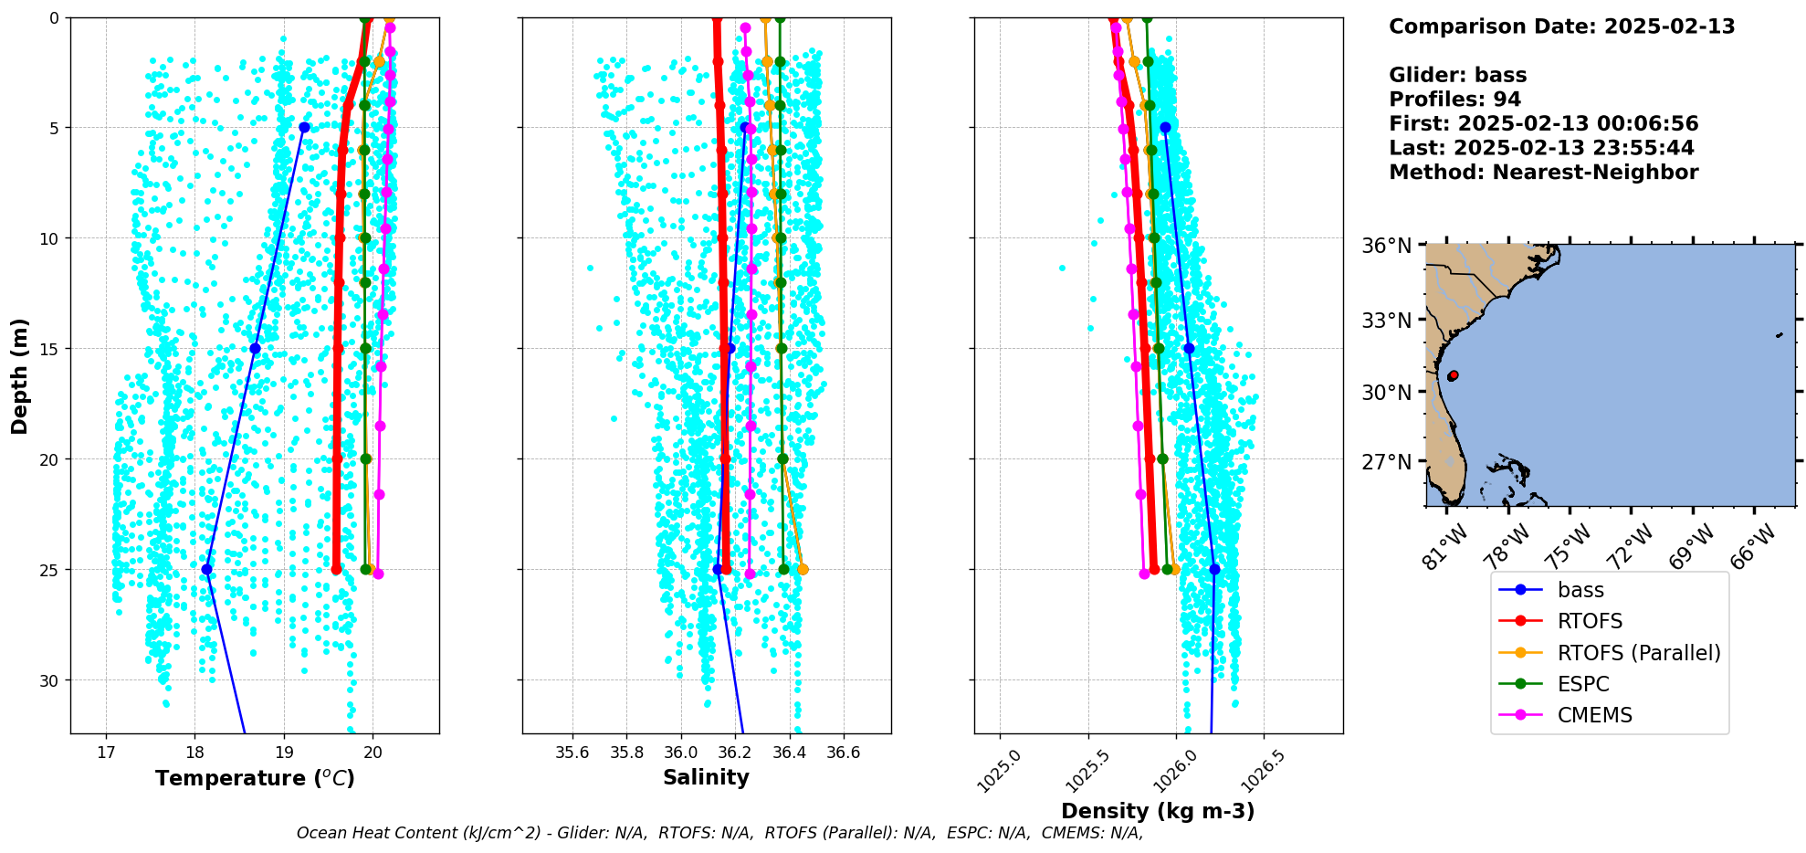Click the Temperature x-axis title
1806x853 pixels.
tap(255, 778)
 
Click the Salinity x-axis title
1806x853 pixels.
tap(706, 777)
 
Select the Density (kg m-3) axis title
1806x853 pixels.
tap(1158, 811)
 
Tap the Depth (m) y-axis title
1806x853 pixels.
tap(20, 375)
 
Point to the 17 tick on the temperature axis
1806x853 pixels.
tap(106, 753)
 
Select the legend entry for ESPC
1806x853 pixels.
tap(1583, 684)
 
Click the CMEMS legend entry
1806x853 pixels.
tap(1594, 715)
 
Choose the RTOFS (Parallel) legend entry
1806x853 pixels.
tap(1638, 653)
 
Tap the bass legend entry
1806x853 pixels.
tap(1580, 590)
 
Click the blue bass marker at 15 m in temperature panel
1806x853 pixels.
tap(255, 348)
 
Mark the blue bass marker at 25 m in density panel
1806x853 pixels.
tap(1214, 569)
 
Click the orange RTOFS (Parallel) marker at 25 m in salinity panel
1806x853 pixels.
tap(803, 569)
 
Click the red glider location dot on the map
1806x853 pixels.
tap(1453, 375)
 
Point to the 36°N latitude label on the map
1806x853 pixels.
tap(1387, 246)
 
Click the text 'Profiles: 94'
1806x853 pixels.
tap(1454, 100)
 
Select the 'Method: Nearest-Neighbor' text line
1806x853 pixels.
tap(1543, 173)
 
